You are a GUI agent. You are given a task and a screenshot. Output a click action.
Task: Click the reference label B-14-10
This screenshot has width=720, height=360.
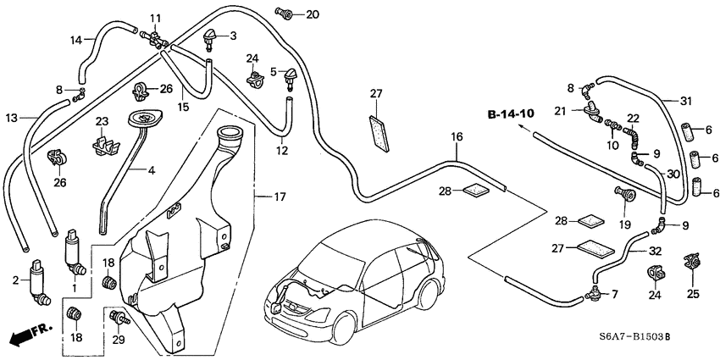click(x=511, y=114)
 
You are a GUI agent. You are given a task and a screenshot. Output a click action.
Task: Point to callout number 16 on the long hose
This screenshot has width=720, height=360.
click(x=457, y=136)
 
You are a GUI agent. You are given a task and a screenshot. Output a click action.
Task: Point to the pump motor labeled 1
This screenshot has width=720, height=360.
click(x=75, y=253)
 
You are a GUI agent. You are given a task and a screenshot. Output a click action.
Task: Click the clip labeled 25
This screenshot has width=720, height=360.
click(x=694, y=262)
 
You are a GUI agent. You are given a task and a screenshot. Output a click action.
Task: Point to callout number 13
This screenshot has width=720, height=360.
click(x=11, y=117)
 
